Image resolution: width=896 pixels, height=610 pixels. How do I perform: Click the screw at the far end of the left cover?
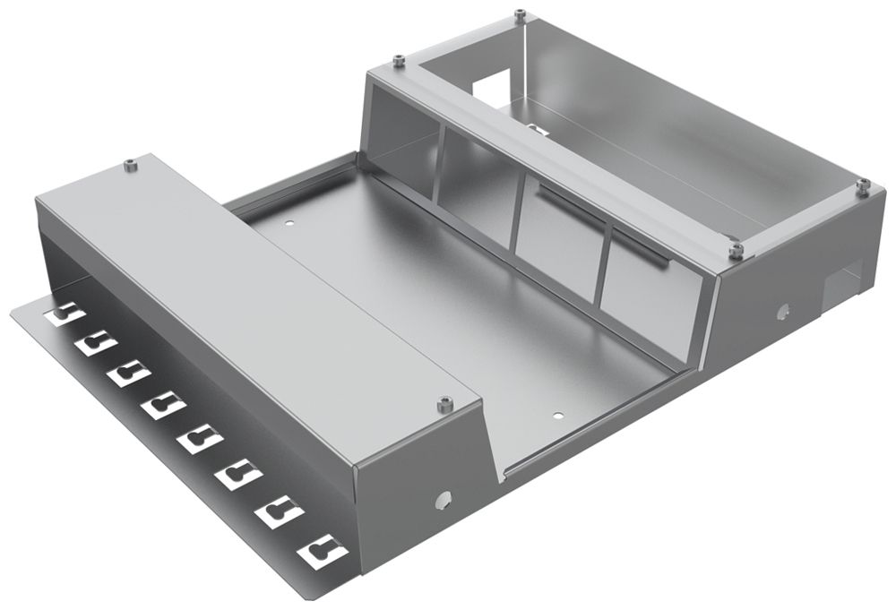(x=131, y=164)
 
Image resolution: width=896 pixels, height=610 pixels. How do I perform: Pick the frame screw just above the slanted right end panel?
(x=736, y=250)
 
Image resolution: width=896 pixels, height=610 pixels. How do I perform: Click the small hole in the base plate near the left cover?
(x=289, y=221)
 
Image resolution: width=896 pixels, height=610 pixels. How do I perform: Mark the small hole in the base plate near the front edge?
(x=557, y=416)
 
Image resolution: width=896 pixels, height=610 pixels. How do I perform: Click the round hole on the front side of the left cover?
(x=440, y=500)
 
